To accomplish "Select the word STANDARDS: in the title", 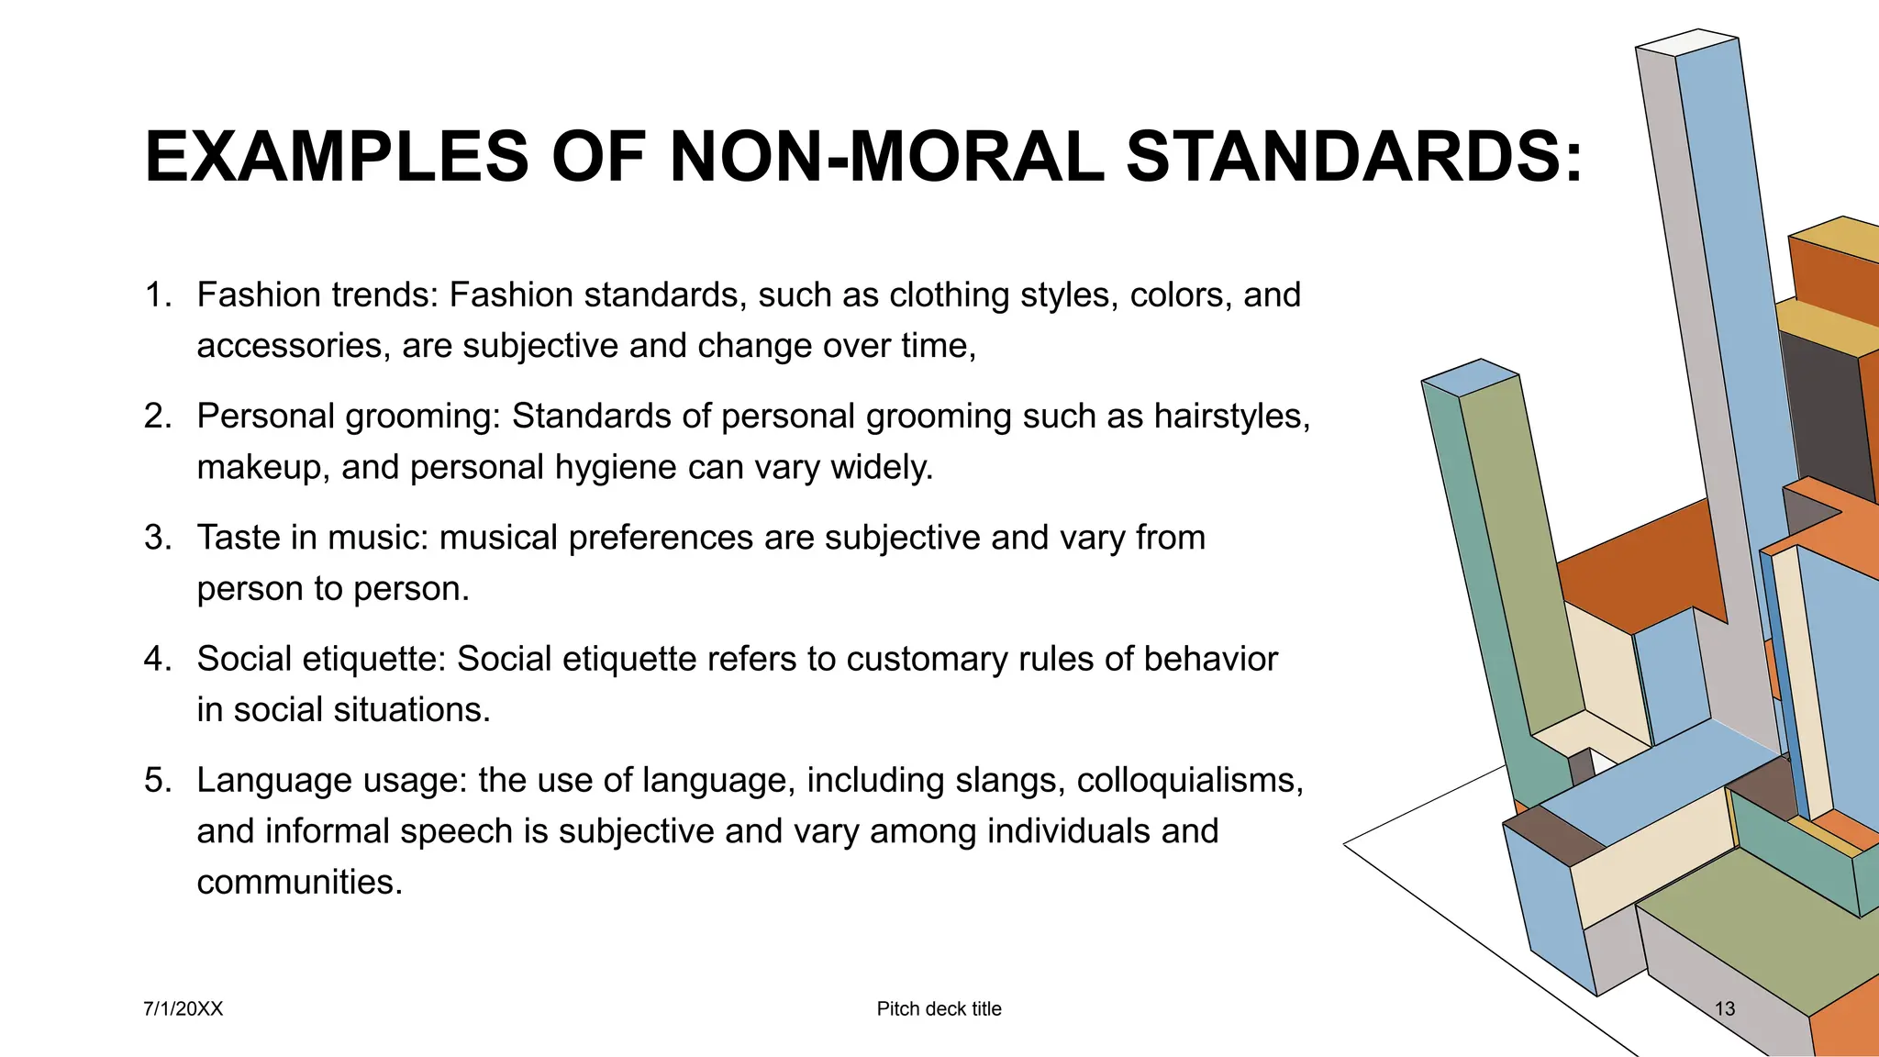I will click(x=1354, y=157).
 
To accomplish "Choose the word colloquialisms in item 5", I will click(x=1189, y=780).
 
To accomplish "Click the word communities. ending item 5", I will click(x=300, y=882).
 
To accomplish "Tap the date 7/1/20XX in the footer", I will click(x=183, y=1009).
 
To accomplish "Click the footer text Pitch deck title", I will click(x=939, y=1009).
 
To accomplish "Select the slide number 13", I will click(x=1725, y=1009).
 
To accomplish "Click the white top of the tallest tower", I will click(x=1687, y=42).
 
